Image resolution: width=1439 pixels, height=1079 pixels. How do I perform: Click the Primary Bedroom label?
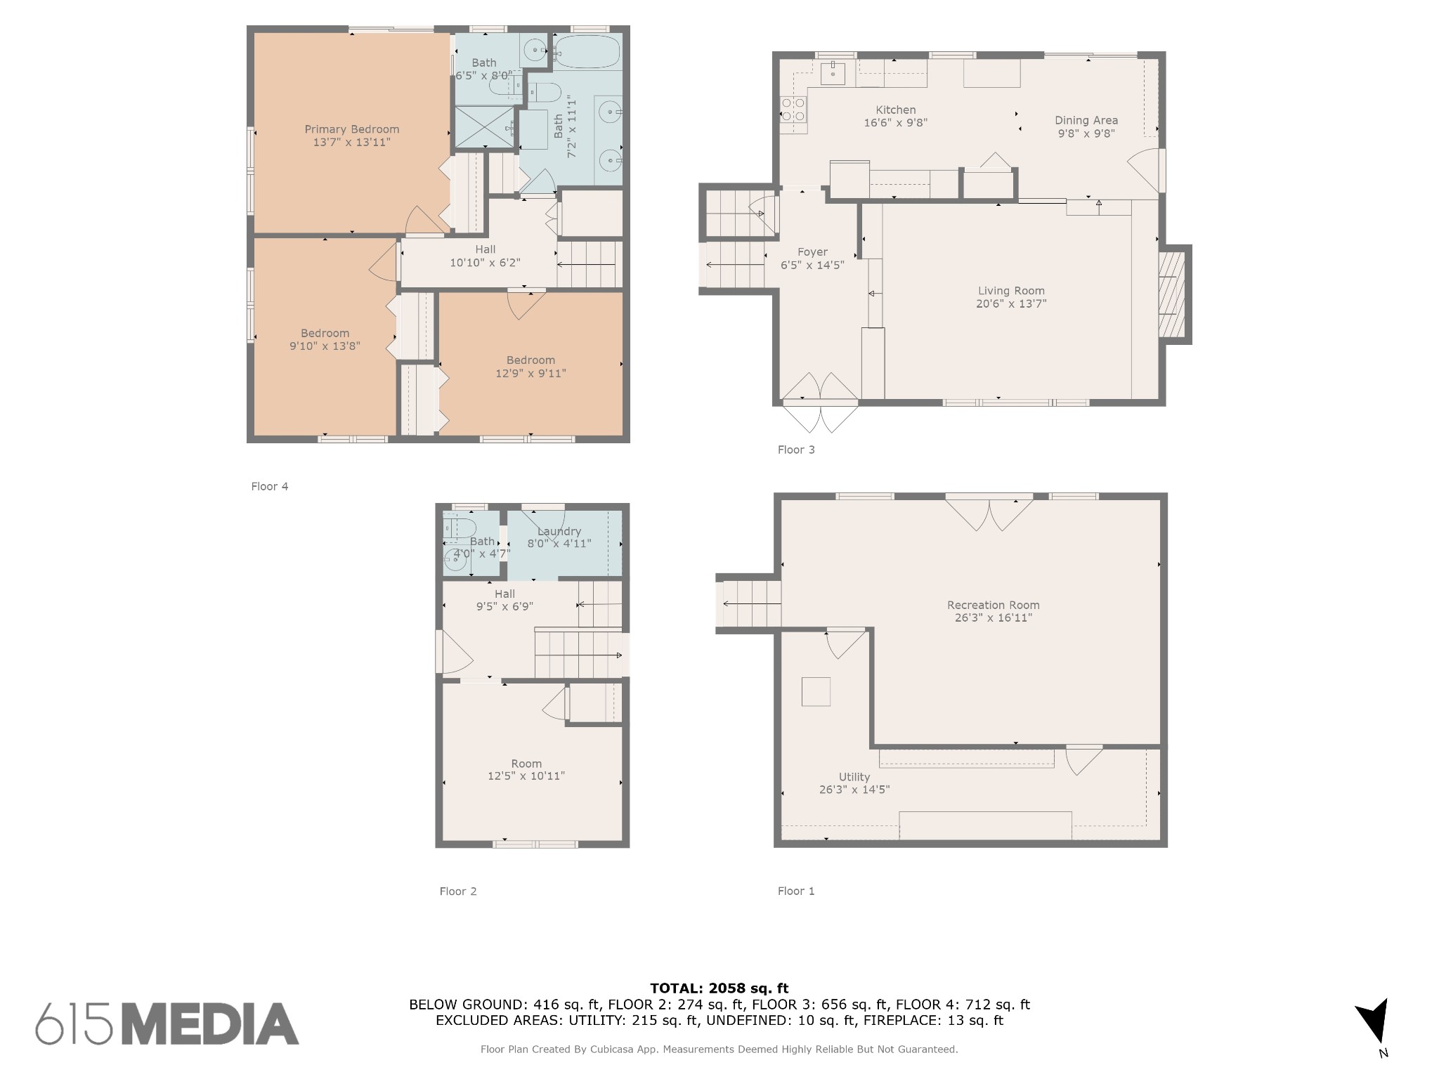click(x=351, y=129)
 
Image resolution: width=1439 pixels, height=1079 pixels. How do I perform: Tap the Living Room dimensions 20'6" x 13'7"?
click(x=1011, y=303)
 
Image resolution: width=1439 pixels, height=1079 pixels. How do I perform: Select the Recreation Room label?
click(x=993, y=605)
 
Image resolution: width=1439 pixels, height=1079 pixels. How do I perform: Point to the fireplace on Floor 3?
click(x=1172, y=294)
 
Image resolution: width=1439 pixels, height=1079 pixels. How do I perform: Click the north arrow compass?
click(x=1374, y=1022)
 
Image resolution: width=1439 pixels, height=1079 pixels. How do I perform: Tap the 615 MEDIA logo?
click(x=167, y=1024)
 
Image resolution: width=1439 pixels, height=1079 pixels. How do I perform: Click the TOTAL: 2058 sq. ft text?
click(x=719, y=988)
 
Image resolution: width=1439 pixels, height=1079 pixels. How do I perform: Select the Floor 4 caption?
click(x=270, y=486)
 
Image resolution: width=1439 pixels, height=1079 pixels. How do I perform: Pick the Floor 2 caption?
click(x=458, y=891)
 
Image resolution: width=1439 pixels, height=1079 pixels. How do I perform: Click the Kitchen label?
click(x=896, y=110)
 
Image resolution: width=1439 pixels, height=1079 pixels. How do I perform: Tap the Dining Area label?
click(x=1086, y=120)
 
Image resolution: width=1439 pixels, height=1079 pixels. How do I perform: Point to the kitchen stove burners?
click(x=793, y=110)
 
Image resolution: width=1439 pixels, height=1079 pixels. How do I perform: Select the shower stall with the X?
click(x=485, y=127)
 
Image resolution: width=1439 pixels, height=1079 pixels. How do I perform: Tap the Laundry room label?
click(x=559, y=532)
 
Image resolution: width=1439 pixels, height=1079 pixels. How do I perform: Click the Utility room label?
click(x=854, y=777)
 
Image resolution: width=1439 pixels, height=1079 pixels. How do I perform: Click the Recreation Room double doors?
click(x=989, y=514)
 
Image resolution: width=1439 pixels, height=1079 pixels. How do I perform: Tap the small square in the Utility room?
click(x=816, y=691)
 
